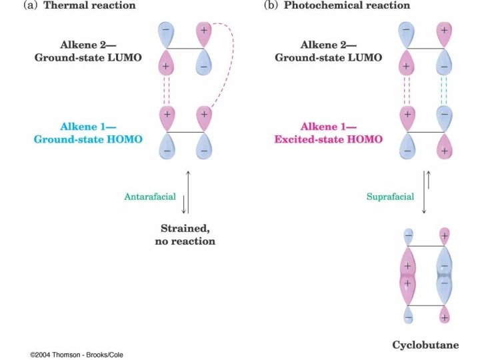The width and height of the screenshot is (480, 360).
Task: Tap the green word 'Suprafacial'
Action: [x=390, y=197]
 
